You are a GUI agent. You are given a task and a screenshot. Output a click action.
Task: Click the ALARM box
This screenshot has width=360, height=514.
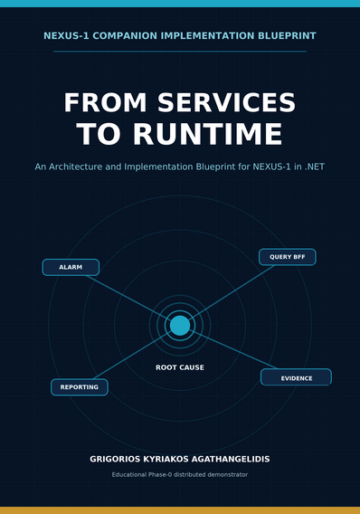point(71,267)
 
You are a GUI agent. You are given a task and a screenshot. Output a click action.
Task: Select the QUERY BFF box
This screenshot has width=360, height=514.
point(288,257)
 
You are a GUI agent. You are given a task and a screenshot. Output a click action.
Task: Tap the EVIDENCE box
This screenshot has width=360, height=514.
point(296,377)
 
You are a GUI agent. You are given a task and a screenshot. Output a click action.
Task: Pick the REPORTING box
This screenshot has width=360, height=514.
point(80,387)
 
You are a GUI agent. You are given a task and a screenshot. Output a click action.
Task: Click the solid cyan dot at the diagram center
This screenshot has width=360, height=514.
point(180,326)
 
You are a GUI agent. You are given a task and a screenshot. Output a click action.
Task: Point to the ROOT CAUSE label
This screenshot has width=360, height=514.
point(180,367)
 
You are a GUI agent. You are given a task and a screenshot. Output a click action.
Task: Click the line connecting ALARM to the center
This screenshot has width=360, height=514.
point(128,297)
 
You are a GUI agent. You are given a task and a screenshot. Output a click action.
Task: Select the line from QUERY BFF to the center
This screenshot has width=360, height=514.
point(232,292)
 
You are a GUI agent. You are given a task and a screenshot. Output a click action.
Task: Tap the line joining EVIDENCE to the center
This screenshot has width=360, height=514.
point(233,350)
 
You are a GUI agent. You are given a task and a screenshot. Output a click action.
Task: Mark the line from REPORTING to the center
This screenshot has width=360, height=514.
point(132,356)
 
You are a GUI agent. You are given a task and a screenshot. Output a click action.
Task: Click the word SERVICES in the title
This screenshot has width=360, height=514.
point(227,102)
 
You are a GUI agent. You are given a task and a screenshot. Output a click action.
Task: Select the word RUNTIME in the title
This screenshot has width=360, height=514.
point(207,134)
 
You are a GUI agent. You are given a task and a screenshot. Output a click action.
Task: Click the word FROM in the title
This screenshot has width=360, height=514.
point(105,102)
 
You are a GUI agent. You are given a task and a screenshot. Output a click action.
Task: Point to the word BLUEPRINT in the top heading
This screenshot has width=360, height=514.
point(287,35)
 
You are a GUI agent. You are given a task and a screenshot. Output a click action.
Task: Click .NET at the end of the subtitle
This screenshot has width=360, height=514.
point(315,167)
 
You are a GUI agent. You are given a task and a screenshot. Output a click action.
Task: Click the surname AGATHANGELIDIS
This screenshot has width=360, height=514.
point(231,459)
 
